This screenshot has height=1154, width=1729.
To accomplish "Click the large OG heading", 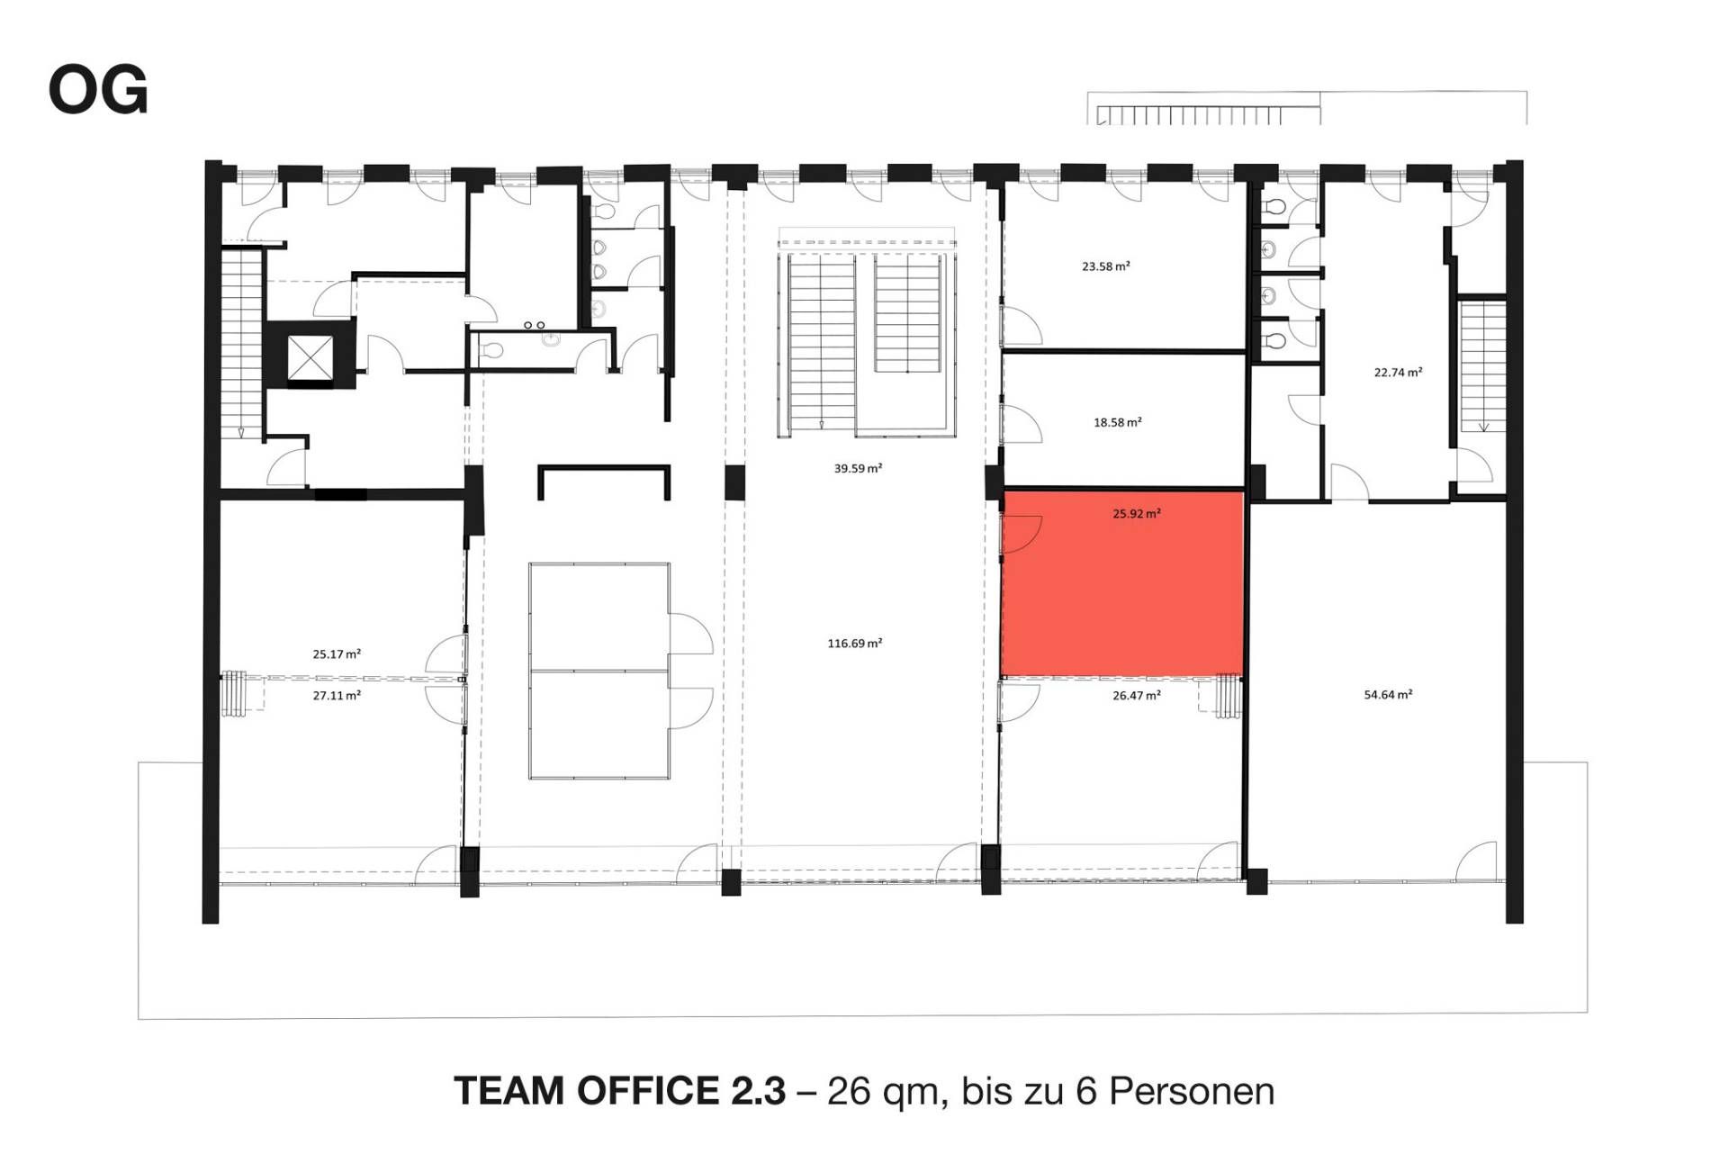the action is coord(98,92).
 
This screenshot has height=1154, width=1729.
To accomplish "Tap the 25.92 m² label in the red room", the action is coord(1137,514).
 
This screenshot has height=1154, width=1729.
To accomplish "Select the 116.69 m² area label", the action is coord(854,643).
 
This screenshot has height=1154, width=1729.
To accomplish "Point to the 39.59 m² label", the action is coord(858,468).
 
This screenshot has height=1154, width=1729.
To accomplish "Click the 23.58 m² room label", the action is coord(1106,266).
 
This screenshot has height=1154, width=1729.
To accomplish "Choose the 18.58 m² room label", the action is coord(1118,422).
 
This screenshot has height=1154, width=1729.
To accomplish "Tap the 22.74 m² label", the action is coord(1398,372).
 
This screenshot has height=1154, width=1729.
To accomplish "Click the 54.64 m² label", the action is coord(1388,694).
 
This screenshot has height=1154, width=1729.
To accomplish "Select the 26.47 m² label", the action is coord(1137,695).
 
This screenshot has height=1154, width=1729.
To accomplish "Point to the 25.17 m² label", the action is coord(337,654).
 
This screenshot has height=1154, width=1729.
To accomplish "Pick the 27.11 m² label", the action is coord(337,695).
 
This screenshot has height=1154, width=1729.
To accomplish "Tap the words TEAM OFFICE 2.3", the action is coord(620,1091).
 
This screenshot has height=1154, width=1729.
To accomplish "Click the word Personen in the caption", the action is coord(1192,1091).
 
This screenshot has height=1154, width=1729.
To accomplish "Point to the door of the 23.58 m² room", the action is coord(1022,325).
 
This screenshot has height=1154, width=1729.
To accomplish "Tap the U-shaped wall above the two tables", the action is coord(604,467).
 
